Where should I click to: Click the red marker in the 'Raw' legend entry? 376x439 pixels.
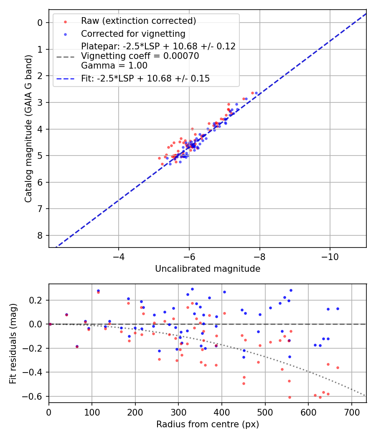point(65,21)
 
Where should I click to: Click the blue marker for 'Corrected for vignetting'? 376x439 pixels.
point(65,34)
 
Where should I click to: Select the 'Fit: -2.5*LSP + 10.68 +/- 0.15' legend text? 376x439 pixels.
point(145,79)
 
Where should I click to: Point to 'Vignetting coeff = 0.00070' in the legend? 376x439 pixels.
point(140,56)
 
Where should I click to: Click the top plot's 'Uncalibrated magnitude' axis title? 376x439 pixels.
point(208,269)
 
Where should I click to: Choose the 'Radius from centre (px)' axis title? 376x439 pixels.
point(208,424)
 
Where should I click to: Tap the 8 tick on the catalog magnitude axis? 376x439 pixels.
point(40,235)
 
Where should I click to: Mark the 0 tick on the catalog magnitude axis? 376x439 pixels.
point(40,23)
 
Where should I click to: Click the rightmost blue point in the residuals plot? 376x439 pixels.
point(338,309)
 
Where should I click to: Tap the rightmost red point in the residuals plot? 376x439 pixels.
point(338,368)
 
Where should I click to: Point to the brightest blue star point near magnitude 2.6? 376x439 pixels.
point(256,93)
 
